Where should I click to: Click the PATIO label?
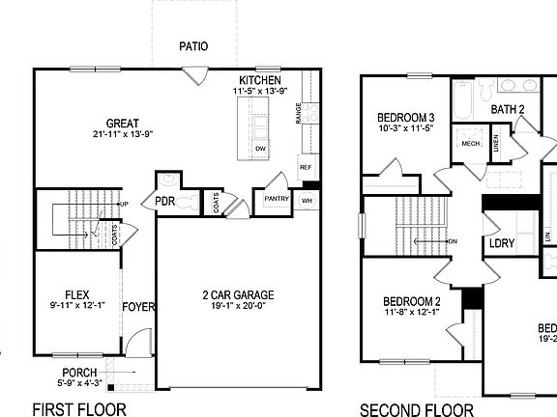pos(193,46)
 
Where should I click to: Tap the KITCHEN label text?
pos(260,79)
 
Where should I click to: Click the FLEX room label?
pos(77,293)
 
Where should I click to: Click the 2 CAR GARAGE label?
pos(238,294)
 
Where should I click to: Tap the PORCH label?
pos(80,372)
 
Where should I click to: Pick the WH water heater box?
pos(307,201)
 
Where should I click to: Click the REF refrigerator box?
pos(306,167)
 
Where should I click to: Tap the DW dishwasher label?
pos(260,149)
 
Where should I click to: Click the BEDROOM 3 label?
pos(404,118)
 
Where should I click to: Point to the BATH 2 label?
pos(507,110)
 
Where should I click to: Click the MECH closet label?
pos(470,144)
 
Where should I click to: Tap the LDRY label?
pos(502,243)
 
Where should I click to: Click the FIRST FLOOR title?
pos(79,408)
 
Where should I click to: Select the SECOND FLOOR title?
pos(417,409)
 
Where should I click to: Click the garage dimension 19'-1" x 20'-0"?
pos(238,306)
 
